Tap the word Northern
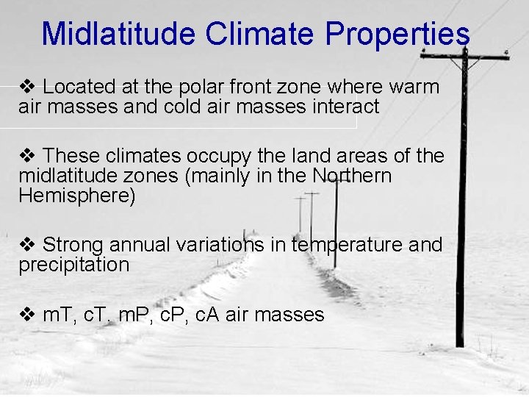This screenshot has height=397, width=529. point(352,176)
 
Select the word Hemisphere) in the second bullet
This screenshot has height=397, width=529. point(77,196)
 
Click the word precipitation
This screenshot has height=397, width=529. point(73,265)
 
